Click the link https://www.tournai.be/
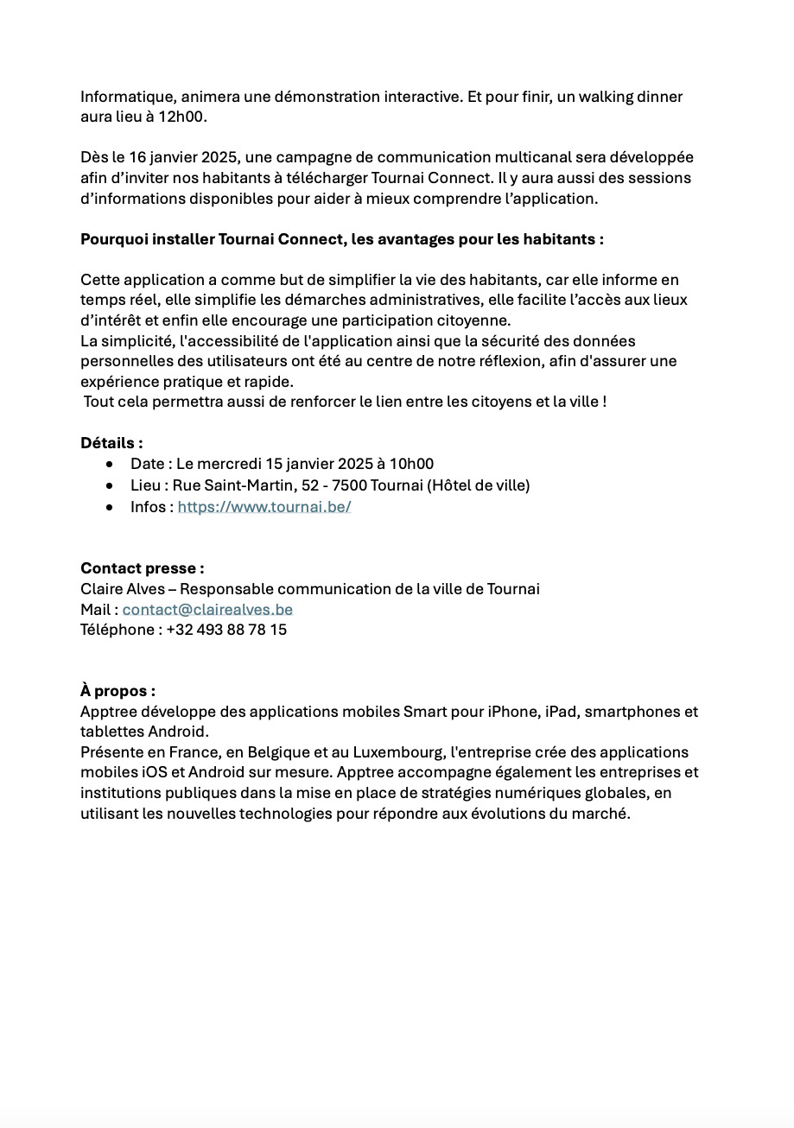point(264,507)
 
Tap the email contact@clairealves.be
point(207,610)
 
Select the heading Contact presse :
point(143,568)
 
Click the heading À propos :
point(118,691)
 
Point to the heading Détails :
point(112,443)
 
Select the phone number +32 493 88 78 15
point(226,630)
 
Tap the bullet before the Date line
point(110,465)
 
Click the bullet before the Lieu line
point(110,486)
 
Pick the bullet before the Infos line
point(110,508)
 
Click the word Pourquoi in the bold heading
point(114,239)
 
